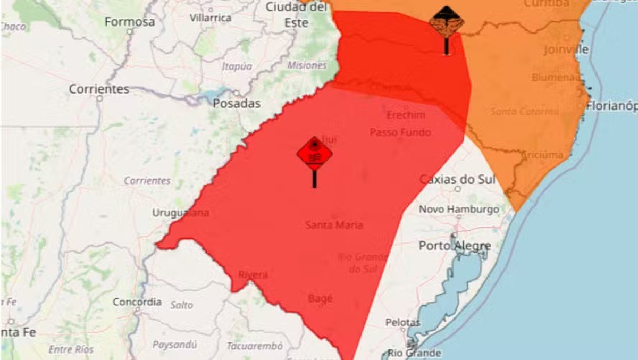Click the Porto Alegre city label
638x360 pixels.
tap(455, 246)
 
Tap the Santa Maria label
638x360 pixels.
tap(334, 225)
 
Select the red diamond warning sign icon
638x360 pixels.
tap(315, 154)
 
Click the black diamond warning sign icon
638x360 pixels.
tap(447, 22)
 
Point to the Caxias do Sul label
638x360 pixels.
tap(457, 180)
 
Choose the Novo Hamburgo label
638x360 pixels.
tap(459, 210)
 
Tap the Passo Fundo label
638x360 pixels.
tap(400, 132)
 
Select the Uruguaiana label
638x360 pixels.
tap(181, 213)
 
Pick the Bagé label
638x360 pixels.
tap(320, 298)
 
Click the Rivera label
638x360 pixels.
tap(253, 275)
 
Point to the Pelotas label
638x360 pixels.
tap(402, 322)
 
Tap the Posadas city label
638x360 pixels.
tap(237, 103)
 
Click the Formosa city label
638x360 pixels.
tap(130, 22)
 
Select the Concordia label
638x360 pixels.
tap(137, 302)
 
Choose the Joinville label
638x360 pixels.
tap(566, 49)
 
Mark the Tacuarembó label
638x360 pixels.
tap(255, 346)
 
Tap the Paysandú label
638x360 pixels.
tap(174, 345)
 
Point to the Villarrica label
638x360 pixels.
tap(211, 18)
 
